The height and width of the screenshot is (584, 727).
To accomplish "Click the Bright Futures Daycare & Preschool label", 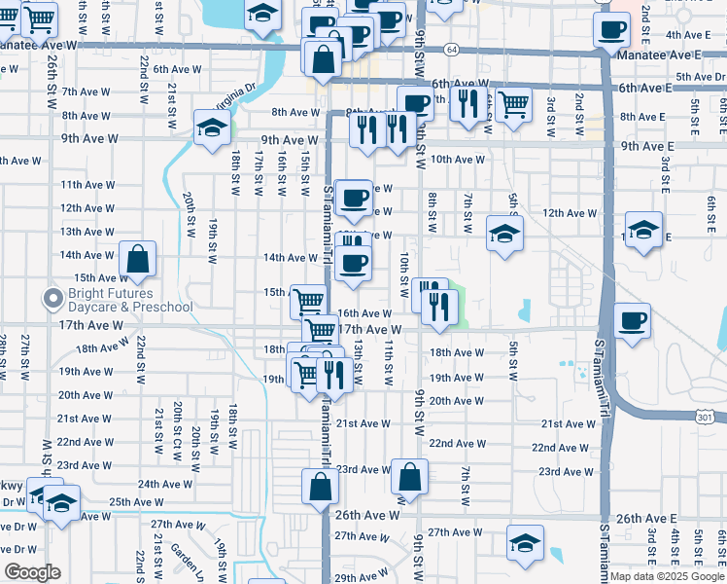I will (x=129, y=300).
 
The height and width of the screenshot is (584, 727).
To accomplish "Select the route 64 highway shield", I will (x=452, y=49).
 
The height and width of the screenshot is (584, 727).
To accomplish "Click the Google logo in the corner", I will (x=32, y=572).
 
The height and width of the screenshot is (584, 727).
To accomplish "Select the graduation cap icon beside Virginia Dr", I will (x=210, y=127).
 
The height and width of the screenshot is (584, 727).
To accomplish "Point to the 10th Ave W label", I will (x=458, y=160).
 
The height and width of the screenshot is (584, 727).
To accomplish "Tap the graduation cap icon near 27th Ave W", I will (x=525, y=542).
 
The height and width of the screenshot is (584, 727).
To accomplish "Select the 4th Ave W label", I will (x=693, y=34).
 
